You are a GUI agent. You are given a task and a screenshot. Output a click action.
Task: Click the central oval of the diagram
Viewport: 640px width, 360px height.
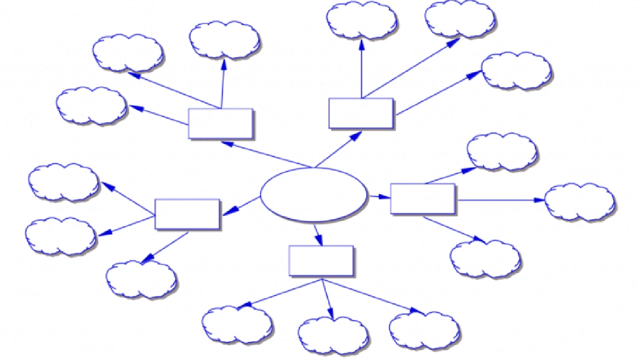(x=314, y=195)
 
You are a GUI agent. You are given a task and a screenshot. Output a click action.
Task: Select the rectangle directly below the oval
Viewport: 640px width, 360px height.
(x=321, y=260)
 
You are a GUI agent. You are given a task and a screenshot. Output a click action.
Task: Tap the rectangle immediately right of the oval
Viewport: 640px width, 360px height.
(x=422, y=198)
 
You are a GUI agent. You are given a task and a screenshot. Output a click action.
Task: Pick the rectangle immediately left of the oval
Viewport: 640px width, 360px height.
(x=187, y=214)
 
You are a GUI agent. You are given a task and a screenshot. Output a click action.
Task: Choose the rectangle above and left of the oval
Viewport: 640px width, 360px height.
(x=220, y=123)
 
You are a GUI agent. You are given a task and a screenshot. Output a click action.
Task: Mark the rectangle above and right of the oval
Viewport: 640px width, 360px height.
(x=361, y=113)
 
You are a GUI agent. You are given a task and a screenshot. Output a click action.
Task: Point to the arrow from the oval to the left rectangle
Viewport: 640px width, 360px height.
(x=241, y=206)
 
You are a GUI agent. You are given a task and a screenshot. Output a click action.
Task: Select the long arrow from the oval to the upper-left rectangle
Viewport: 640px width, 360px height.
(x=267, y=154)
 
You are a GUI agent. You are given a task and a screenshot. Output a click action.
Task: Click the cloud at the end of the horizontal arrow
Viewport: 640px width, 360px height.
(x=579, y=201)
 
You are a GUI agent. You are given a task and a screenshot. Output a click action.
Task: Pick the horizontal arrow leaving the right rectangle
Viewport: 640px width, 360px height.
(x=500, y=200)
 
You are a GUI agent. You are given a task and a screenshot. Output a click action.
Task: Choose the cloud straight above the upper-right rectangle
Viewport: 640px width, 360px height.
(x=361, y=20)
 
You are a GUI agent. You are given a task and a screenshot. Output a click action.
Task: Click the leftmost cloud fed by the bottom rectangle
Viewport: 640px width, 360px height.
(x=237, y=324)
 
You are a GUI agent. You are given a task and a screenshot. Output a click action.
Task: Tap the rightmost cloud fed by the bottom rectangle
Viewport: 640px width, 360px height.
(x=424, y=330)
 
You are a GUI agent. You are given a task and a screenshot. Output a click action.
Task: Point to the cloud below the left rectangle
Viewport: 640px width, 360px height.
(x=141, y=278)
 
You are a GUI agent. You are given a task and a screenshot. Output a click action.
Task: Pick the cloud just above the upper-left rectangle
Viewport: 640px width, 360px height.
(x=224, y=39)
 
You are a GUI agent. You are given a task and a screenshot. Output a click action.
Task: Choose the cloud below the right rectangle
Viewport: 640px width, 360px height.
(x=485, y=258)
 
